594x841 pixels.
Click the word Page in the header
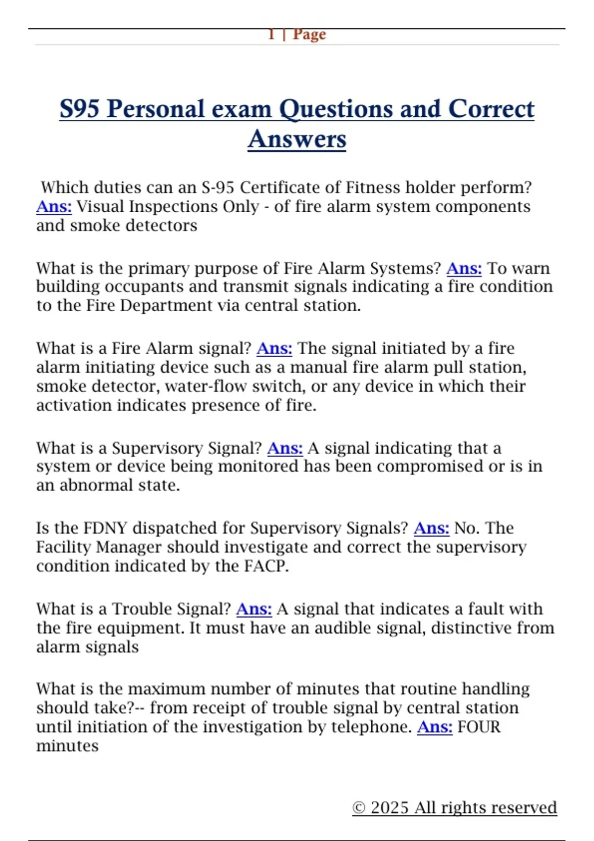click(x=309, y=35)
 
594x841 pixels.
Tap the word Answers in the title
click(x=297, y=139)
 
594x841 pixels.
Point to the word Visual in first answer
click(x=100, y=206)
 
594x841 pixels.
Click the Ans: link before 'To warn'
click(x=464, y=268)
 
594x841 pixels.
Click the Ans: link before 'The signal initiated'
click(x=274, y=348)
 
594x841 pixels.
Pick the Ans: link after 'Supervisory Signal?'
click(x=285, y=448)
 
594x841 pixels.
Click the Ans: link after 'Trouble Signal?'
click(x=254, y=609)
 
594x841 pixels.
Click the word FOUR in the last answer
click(x=479, y=727)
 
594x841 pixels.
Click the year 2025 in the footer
click(x=390, y=807)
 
